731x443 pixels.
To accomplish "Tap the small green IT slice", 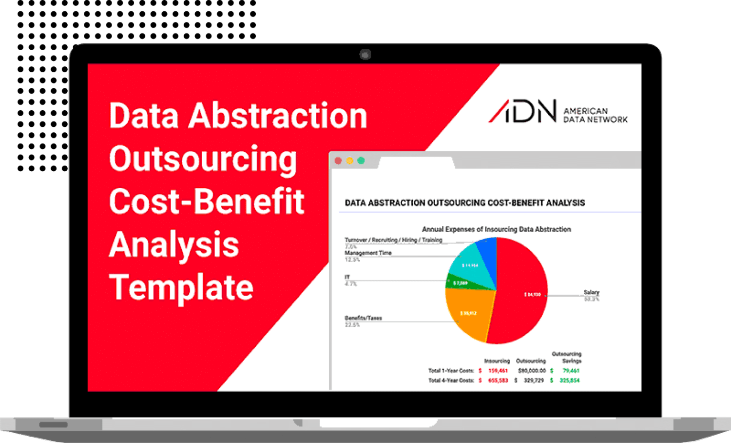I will coord(458,283).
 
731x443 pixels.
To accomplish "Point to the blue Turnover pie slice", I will coord(488,249).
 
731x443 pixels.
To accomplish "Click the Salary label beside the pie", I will coord(591,293).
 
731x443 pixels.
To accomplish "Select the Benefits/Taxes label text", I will coord(363,318).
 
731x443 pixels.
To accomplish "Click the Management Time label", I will coord(368,253).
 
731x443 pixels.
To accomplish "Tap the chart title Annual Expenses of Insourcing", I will coord(496,229).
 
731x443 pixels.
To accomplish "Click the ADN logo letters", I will coord(523,111).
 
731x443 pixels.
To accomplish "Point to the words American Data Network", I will coord(595,115).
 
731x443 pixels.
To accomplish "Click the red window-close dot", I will coord(338,161).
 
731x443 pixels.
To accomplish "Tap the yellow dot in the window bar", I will coord(349,161).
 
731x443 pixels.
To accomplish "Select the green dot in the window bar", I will coord(361,161).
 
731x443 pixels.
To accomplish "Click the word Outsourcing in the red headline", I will coord(203,159).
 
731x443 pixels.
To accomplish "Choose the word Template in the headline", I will coord(181,287).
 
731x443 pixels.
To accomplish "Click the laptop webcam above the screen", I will coord(365,54).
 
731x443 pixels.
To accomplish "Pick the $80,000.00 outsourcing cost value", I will coord(532,371).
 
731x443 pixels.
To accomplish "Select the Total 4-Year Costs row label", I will coord(451,381).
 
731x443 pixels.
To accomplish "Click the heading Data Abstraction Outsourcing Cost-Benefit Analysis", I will coord(464,203).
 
